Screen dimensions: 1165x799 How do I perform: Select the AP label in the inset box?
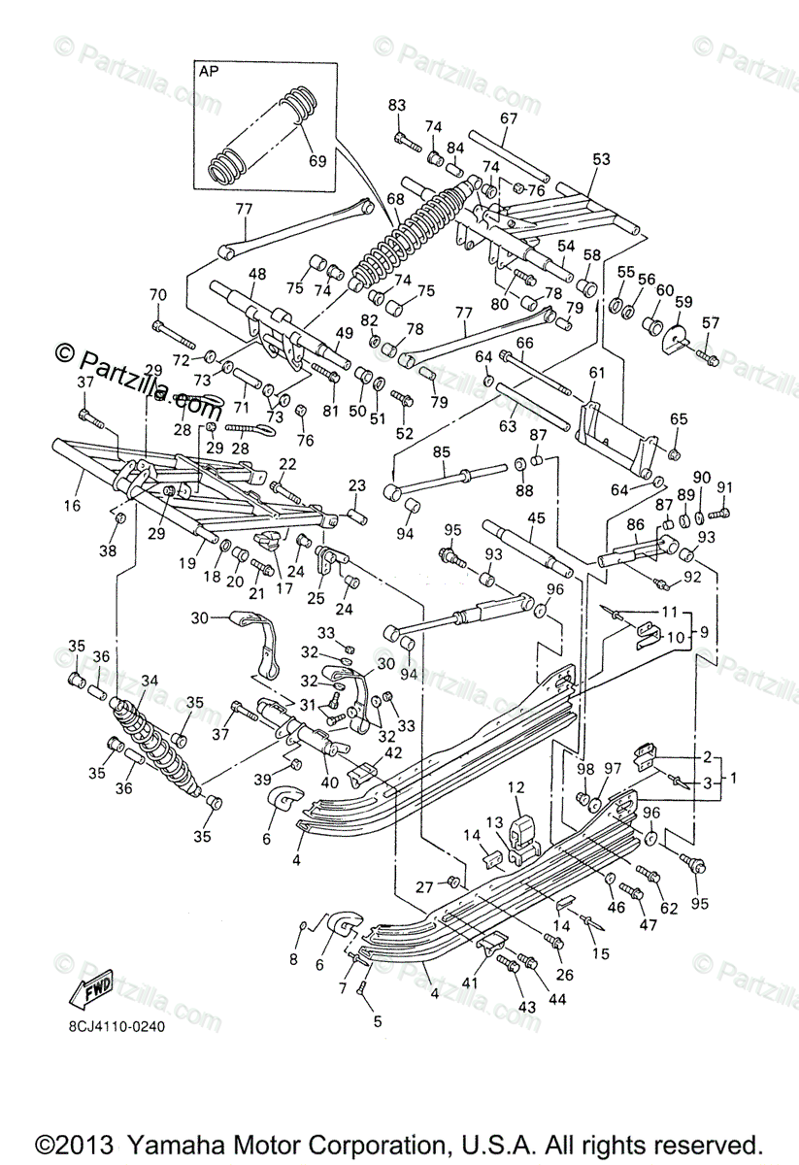(209, 73)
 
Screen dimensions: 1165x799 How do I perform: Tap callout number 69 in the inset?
(316, 160)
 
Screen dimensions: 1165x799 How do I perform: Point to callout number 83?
(396, 105)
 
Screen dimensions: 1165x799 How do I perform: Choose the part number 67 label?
(510, 118)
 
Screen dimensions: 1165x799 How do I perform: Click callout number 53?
(602, 159)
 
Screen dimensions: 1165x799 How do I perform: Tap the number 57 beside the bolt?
(711, 323)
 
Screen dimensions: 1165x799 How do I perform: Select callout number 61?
(596, 373)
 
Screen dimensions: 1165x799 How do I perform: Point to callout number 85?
(442, 451)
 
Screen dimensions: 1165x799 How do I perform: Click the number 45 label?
(536, 517)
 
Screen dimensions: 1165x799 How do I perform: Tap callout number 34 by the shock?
(149, 680)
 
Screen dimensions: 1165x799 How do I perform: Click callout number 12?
(516, 787)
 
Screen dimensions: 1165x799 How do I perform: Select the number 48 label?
(256, 275)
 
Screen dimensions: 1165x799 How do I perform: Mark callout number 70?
(157, 294)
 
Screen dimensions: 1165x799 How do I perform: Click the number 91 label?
(724, 487)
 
